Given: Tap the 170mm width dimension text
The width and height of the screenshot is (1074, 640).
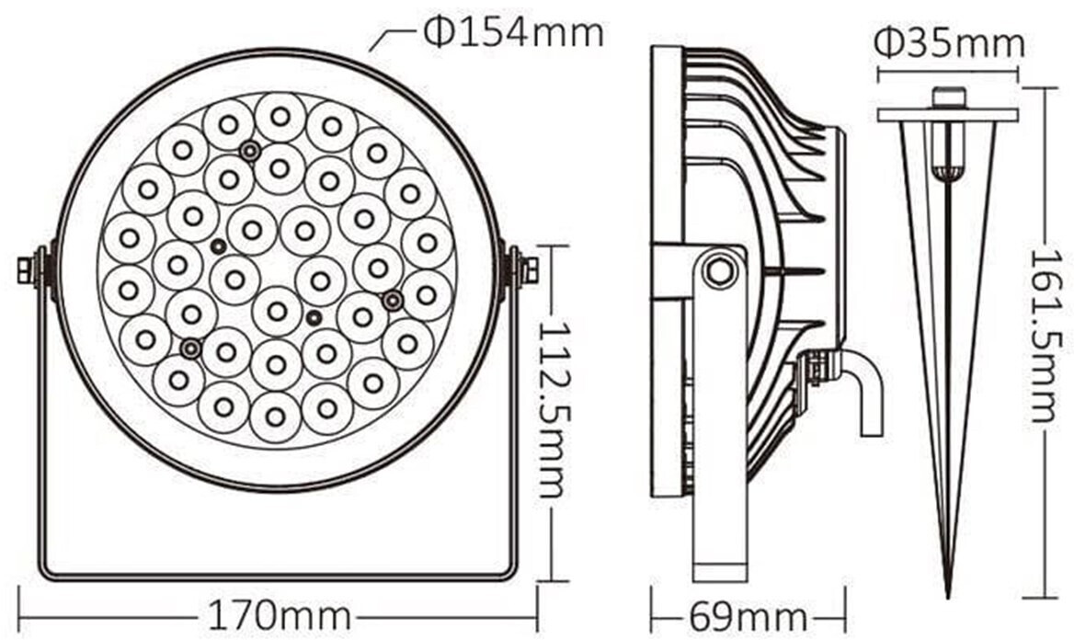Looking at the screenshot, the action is coord(279,616).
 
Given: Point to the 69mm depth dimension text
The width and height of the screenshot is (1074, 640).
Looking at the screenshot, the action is coord(748,617).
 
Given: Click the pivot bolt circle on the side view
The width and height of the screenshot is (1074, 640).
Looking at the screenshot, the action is coord(718,270).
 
